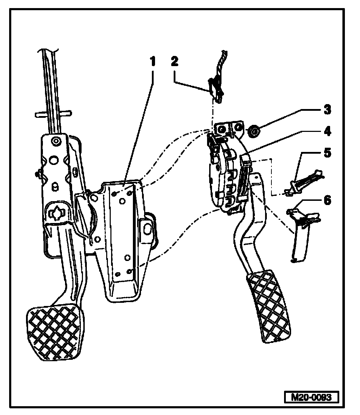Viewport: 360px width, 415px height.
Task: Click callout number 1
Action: (x=153, y=62)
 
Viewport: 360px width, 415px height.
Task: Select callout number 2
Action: (x=174, y=61)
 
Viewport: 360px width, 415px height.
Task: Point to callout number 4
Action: (x=327, y=131)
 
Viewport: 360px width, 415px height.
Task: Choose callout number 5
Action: (x=327, y=153)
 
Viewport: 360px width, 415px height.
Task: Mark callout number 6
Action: (x=327, y=200)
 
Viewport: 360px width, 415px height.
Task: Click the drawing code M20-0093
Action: (x=311, y=397)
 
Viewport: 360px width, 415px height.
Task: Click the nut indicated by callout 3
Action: (x=253, y=132)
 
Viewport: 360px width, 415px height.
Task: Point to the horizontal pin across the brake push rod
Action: (x=53, y=114)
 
